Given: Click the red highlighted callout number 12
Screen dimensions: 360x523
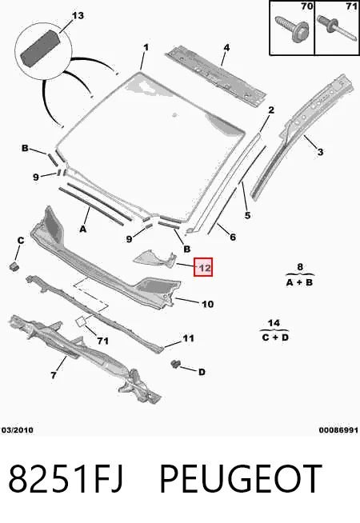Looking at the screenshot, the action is pos(203,267).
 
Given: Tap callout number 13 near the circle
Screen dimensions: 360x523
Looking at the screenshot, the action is pos(78,16).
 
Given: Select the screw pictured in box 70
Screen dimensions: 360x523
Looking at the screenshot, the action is pos(292,28).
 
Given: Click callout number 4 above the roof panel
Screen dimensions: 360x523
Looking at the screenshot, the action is pos(226,47).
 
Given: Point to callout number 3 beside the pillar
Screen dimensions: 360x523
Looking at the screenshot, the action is pos(320,152).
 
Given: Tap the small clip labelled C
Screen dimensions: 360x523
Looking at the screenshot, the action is pos(14,265).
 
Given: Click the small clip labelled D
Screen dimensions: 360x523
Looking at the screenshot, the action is pos(175,364).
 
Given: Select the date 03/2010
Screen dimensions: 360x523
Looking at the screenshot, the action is pos(18,430).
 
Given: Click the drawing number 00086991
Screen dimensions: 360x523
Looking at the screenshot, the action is pos(338,430).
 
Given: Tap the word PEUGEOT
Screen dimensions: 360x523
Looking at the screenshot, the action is pos(241,479).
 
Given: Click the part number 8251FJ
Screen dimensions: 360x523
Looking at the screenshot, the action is pos(66,479).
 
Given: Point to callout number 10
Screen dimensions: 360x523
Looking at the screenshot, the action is pos(207,304).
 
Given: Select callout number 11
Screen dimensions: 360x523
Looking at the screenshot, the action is pos(188,338).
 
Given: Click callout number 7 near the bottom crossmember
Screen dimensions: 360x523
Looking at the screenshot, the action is pos(54,375).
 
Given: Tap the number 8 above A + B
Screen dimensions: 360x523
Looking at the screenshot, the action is pos(300,267).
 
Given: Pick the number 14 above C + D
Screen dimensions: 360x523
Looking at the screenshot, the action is pos(274,323).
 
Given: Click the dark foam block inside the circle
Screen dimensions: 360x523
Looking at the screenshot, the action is pos(40,48).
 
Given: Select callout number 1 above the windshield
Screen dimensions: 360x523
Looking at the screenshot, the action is pos(146,47).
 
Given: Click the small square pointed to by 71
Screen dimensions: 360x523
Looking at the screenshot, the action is pos(81,321).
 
